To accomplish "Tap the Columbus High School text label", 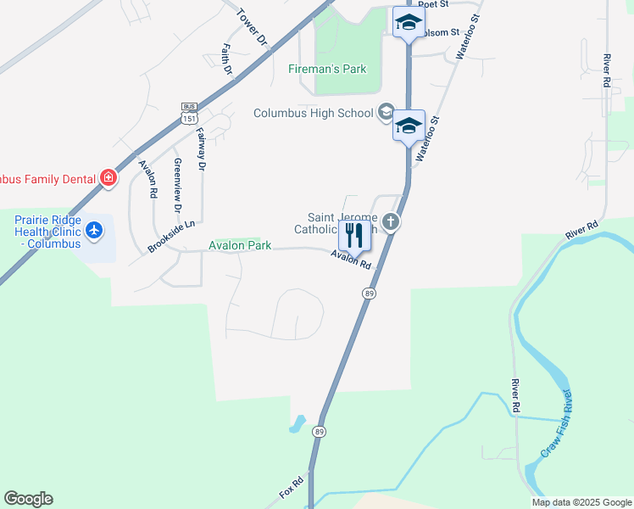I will (314, 113).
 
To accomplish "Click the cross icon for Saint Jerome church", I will (391, 222).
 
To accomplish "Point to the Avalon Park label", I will (240, 245).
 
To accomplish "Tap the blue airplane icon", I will (93, 230).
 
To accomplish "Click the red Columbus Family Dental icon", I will (108, 177).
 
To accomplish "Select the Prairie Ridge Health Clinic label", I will (47, 232).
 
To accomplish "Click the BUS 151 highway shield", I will (188, 113).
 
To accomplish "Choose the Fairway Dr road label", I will (201, 150).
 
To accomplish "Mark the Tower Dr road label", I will (252, 26).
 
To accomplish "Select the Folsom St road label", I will (442, 32).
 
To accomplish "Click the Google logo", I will (28, 499).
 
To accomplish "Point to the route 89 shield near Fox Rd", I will (319, 431).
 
